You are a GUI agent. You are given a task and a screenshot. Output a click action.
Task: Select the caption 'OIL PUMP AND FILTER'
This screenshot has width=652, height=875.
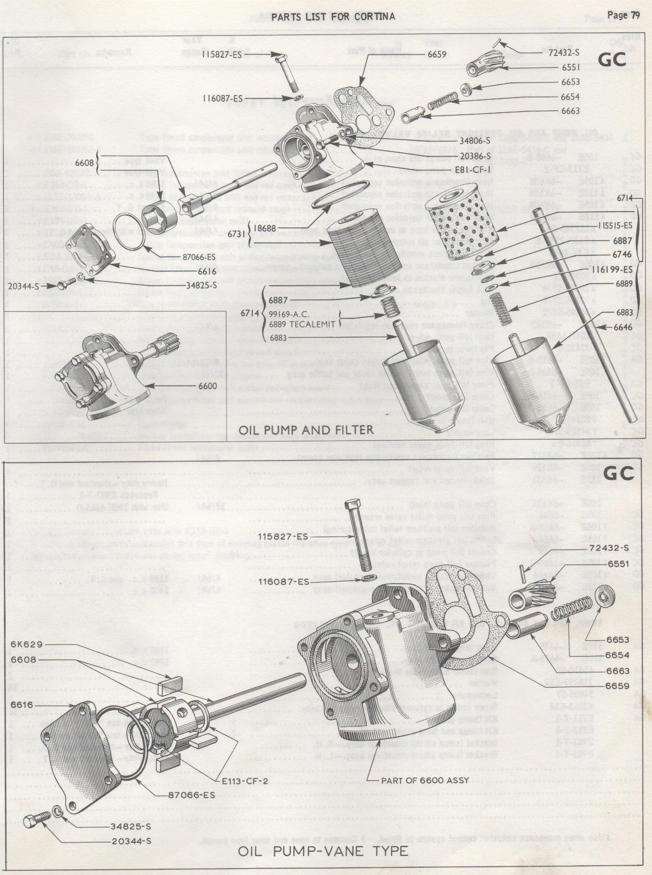(306, 430)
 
